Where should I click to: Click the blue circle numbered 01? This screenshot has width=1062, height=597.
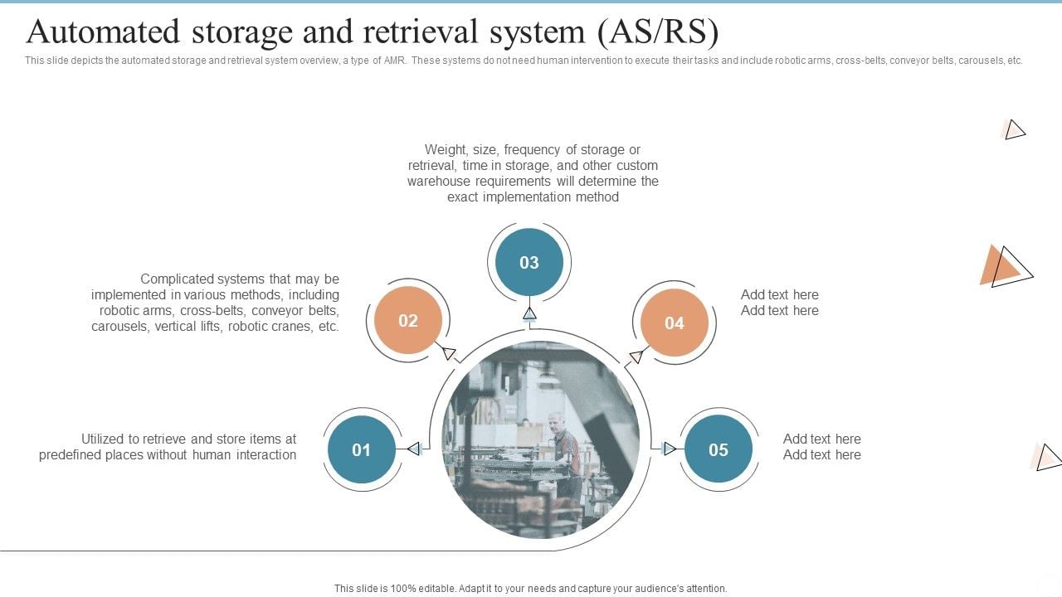(361, 449)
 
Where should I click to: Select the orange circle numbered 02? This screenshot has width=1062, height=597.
(407, 321)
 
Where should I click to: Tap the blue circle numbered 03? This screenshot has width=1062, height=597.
(529, 263)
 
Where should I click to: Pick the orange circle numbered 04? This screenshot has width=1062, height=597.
(674, 323)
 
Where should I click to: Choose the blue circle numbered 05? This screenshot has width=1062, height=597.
(718, 449)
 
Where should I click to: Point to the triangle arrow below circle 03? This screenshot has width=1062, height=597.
(529, 313)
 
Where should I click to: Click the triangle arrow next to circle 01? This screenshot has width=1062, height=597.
(412, 449)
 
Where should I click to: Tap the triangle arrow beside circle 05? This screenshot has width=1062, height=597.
(670, 449)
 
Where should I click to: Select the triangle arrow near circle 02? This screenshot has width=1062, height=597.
(449, 353)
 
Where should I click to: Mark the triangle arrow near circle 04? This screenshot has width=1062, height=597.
(636, 357)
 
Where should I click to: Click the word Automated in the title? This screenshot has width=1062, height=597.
(103, 32)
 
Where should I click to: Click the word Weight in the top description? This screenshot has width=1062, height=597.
(446, 150)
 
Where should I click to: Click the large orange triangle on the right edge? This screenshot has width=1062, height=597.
(1001, 267)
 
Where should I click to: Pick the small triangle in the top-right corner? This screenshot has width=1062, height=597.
(1014, 129)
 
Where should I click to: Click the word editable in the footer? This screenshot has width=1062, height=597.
(435, 589)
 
